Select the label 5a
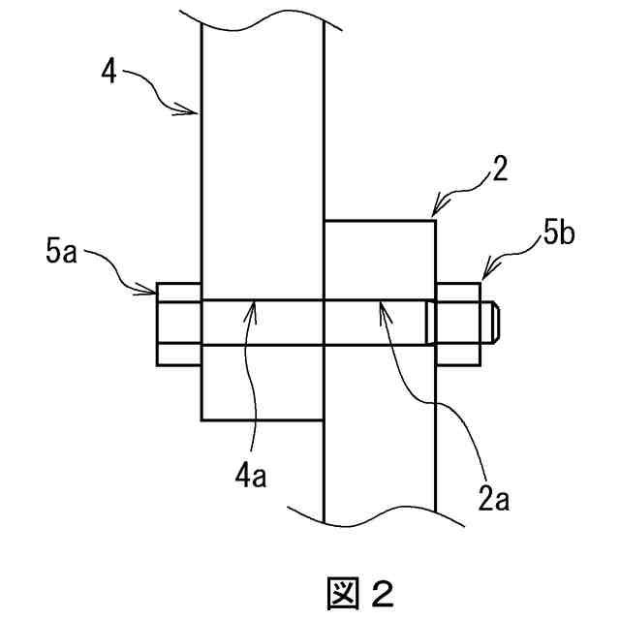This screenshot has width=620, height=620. point(61,254)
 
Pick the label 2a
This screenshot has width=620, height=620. point(496,500)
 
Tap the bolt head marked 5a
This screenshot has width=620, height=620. point(179,324)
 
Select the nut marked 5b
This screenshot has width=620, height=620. point(459,324)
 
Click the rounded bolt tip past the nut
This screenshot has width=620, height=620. point(490,324)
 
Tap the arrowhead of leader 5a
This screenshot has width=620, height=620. point(155,288)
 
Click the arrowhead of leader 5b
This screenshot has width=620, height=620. point(480,280)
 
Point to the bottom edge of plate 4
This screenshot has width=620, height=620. point(262,419)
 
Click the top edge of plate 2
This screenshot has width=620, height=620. point(379,220)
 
